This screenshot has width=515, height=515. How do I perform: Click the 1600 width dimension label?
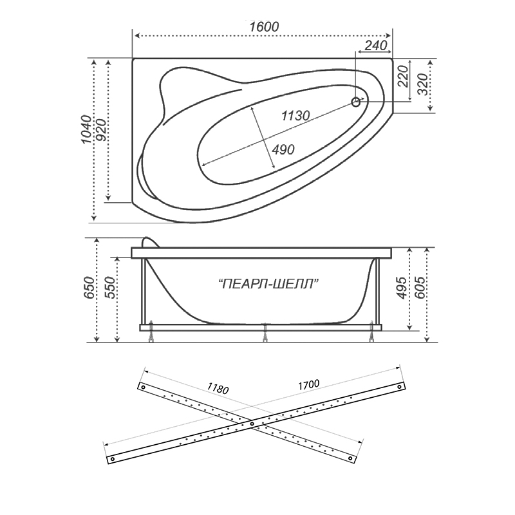pyautogui.click(x=264, y=26)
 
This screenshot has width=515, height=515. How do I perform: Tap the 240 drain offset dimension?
pyautogui.click(x=376, y=45)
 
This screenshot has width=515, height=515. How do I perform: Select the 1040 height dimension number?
pyautogui.click(x=86, y=129)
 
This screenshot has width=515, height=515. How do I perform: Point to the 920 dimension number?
pyautogui.click(x=102, y=131)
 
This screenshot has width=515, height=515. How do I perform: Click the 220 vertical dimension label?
pyautogui.click(x=404, y=76)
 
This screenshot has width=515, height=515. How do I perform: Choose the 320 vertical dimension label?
pyautogui.click(x=423, y=85)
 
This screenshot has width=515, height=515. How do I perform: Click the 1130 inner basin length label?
pyautogui.click(x=295, y=115)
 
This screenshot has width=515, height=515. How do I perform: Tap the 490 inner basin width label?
pyautogui.click(x=283, y=150)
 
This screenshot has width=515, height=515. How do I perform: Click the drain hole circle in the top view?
pyautogui.click(x=356, y=102)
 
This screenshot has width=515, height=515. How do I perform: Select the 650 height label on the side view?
pyautogui.click(x=89, y=288)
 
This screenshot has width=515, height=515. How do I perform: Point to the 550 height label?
pyautogui.click(x=110, y=288)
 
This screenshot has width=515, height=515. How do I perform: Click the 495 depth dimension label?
pyautogui.click(x=401, y=288)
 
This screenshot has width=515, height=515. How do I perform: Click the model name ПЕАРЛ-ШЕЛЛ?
pyautogui.click(x=268, y=283)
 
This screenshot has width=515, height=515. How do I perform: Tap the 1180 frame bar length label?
pyautogui.click(x=218, y=388)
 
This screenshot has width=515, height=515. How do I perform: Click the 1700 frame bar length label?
pyautogui.click(x=309, y=384)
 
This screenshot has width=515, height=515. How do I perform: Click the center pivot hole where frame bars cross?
pyautogui.click(x=252, y=424)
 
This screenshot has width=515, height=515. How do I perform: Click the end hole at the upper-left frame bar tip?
pyautogui.click(x=143, y=387)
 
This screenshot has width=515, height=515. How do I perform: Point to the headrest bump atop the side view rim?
pyautogui.click(x=149, y=241)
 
